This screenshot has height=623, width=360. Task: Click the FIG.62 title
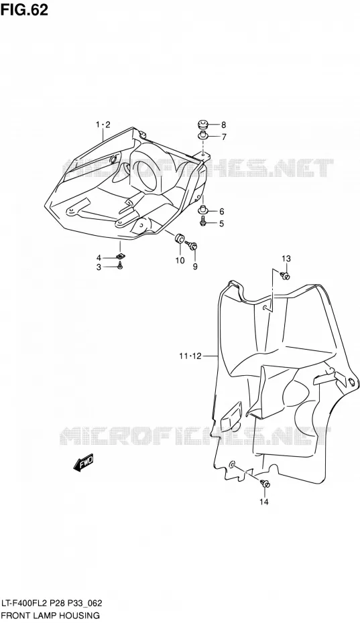(x=24, y=10)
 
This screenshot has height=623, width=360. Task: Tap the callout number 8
(x=223, y=125)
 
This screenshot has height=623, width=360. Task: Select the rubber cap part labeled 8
(x=203, y=125)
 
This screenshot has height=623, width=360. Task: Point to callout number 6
(x=222, y=212)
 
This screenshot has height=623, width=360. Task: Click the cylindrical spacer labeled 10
(x=180, y=238)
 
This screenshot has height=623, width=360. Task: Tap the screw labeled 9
(x=193, y=247)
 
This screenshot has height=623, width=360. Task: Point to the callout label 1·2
(x=103, y=125)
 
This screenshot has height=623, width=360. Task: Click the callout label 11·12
(x=190, y=356)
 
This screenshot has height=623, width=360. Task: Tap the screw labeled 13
(x=285, y=275)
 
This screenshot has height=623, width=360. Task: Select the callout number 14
(x=264, y=502)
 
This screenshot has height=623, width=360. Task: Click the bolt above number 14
(x=265, y=484)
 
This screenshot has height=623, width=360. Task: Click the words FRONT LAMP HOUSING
(x=50, y=616)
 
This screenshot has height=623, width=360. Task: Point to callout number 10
(x=180, y=260)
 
